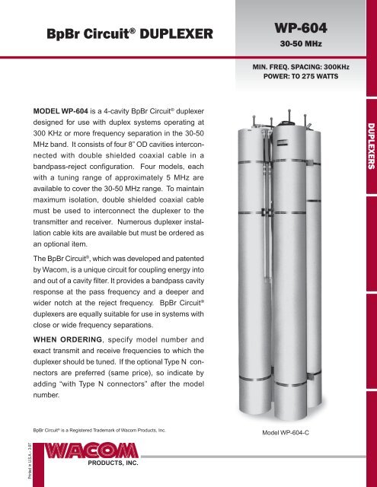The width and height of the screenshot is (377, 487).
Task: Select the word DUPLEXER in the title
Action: pos(170,34)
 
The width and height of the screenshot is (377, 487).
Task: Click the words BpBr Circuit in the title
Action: pos(84,34)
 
